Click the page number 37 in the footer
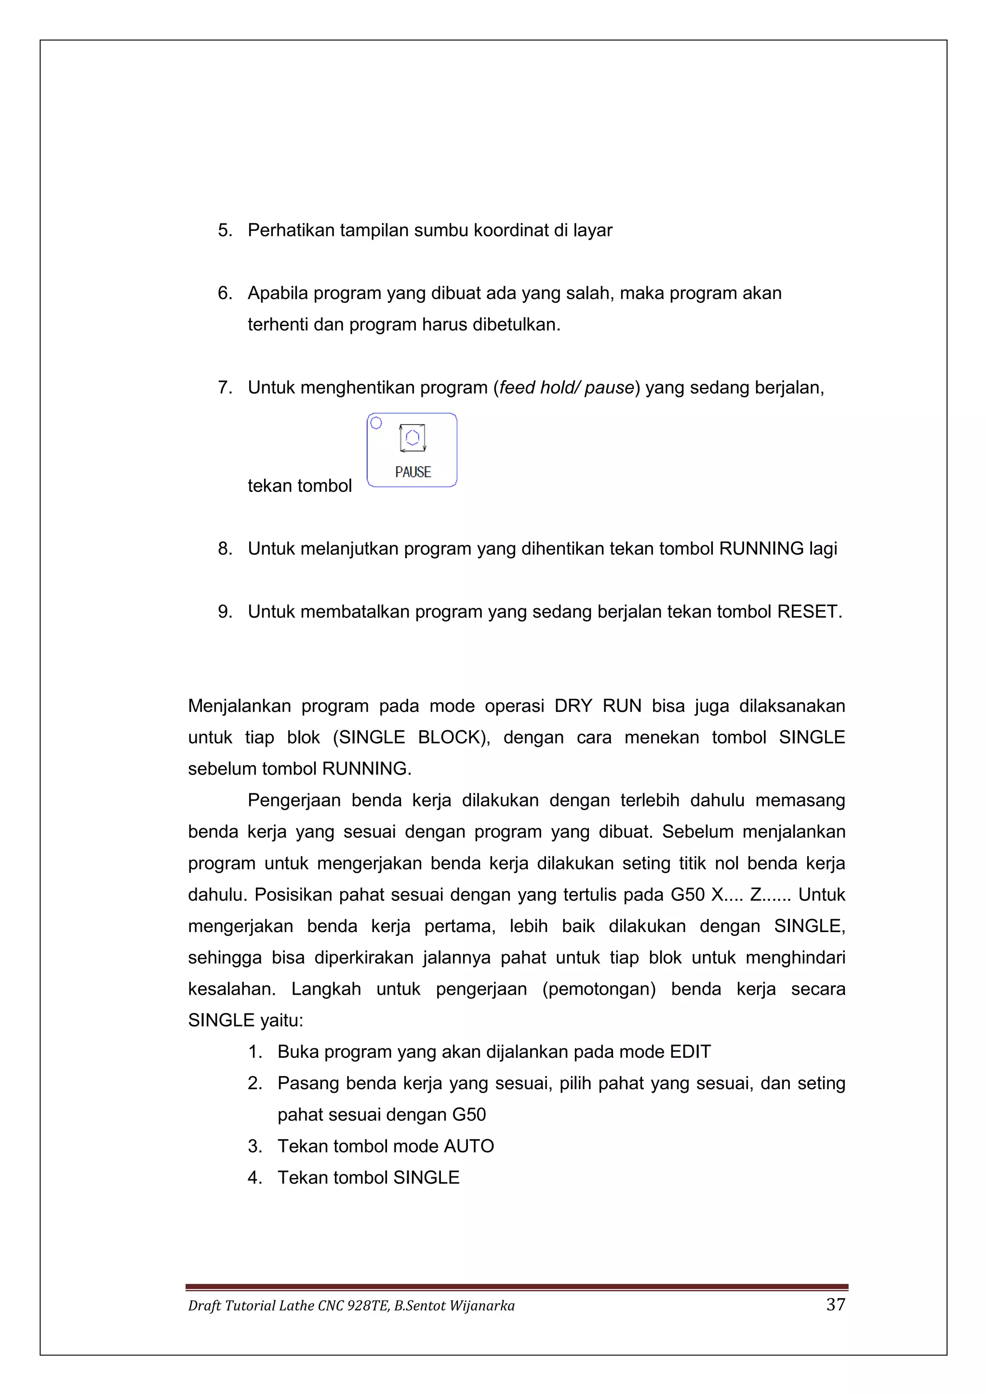point(836,1304)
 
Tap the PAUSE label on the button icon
point(413,472)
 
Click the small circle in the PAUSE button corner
point(376,423)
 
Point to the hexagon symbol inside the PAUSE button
point(413,437)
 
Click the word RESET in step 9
point(808,611)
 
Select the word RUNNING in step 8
point(761,549)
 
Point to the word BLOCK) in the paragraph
point(453,737)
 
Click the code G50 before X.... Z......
point(687,895)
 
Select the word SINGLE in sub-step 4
point(426,1177)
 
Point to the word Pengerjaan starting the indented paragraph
point(293,800)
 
